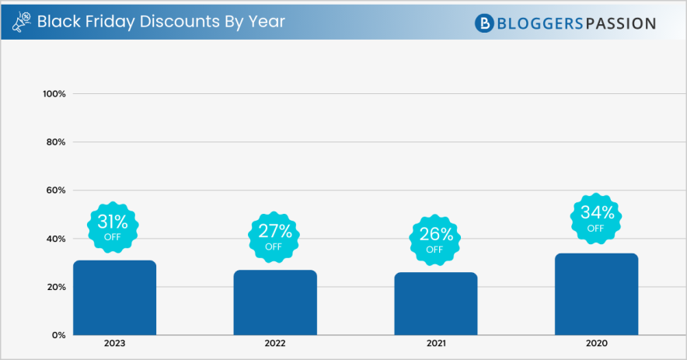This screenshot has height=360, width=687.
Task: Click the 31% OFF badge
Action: pos(113,225)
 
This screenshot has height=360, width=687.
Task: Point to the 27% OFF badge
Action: pos(274,236)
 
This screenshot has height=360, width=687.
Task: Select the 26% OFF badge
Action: pos(434,239)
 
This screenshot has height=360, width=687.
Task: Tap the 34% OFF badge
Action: pos(595,217)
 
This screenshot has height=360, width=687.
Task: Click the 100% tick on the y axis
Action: pos(54,94)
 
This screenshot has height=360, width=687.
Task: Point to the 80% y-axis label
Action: pos(56,142)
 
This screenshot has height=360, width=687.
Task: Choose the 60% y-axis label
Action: pos(56,190)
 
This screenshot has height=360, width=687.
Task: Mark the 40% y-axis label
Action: pos(56,239)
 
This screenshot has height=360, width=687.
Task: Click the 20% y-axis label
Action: pos(56,287)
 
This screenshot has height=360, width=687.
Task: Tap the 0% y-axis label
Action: pos(58,335)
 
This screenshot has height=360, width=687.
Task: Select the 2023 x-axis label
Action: pos(114,344)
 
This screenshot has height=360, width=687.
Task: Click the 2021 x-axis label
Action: pos(435,344)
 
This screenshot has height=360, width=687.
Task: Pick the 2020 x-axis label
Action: pos(596,344)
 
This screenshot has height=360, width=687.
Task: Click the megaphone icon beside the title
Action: pos(22,23)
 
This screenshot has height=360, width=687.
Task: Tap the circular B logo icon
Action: pos(485,23)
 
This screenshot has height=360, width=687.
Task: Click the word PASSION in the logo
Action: pos(619,23)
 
